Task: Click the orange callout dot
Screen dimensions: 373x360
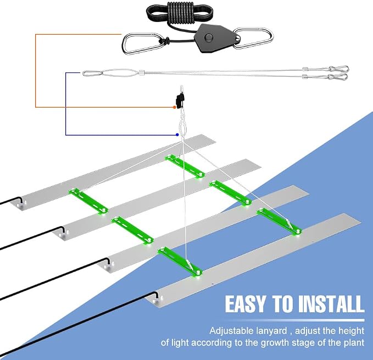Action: [174, 108]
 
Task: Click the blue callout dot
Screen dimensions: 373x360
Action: [177, 135]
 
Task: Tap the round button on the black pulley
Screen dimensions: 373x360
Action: [209, 37]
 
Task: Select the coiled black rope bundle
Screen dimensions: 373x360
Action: [180, 13]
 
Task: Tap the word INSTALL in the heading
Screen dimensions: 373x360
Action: [331, 304]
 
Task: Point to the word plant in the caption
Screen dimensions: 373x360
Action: [354, 343]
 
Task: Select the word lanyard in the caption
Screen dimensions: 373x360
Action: [272, 331]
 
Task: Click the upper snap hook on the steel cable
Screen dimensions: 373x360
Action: [339, 69]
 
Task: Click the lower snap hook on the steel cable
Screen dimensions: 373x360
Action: [338, 77]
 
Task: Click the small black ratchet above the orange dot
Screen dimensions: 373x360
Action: [180, 100]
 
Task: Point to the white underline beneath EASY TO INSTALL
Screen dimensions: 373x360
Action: [295, 320]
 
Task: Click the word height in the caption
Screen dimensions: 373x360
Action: [352, 331]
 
